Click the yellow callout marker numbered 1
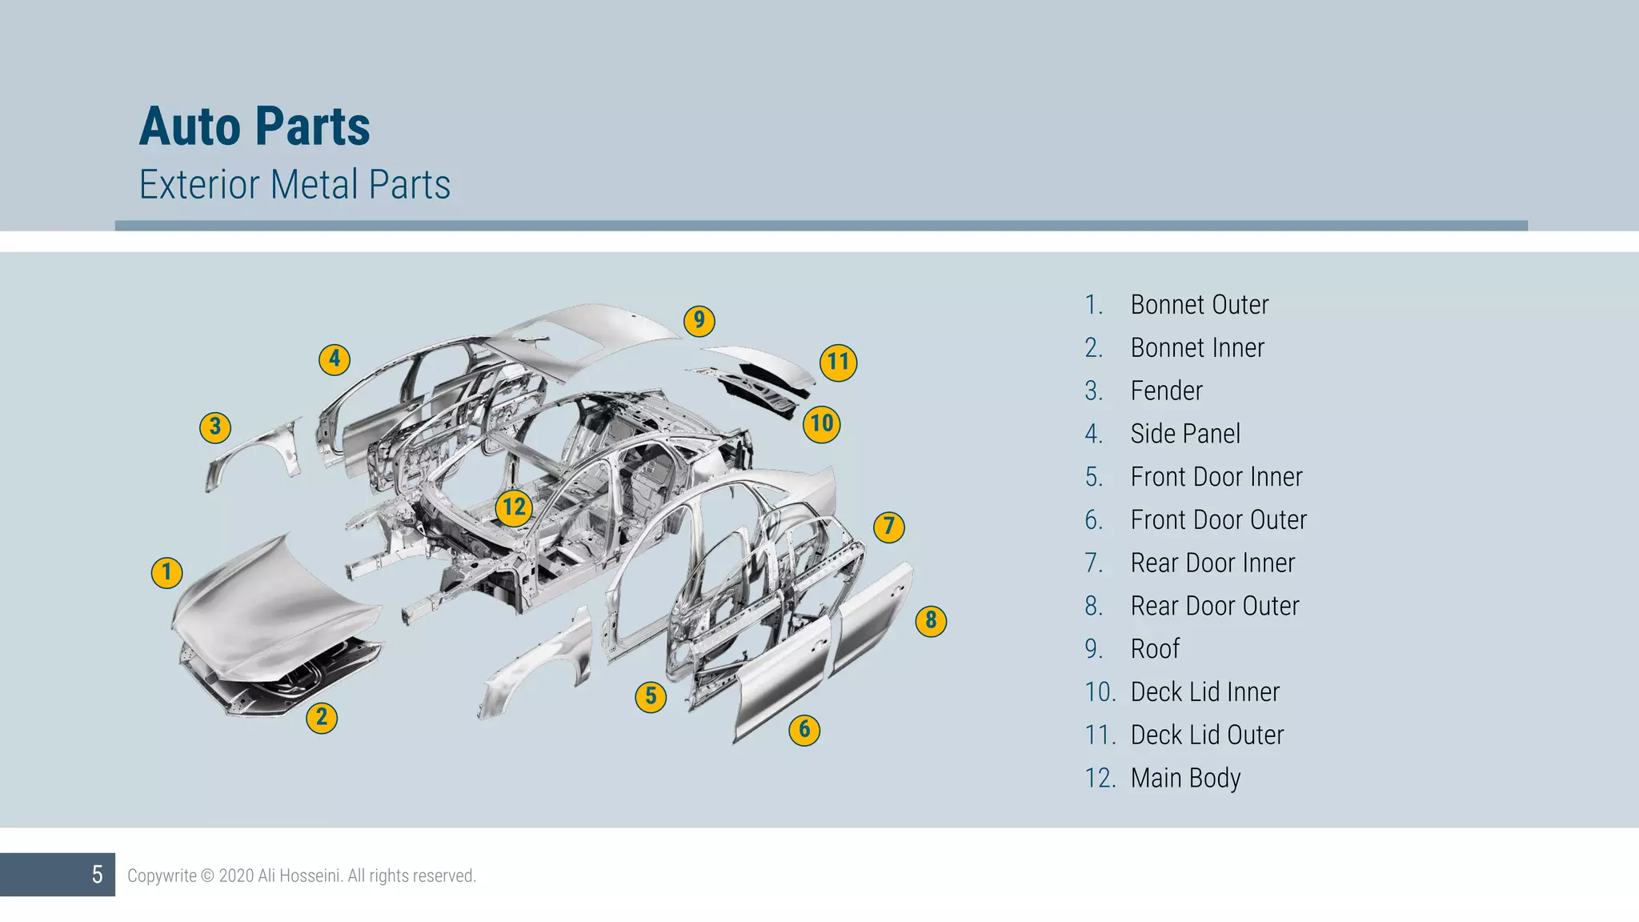(166, 572)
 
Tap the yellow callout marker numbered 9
(699, 321)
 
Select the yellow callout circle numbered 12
(514, 507)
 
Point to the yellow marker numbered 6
(804, 729)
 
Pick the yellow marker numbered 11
(838, 362)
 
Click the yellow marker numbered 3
(214, 427)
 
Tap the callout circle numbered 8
(930, 620)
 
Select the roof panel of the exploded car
(592, 336)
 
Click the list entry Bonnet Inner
(1196, 348)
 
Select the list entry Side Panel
(1184, 434)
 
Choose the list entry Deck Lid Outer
(1206, 735)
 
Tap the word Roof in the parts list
(1154, 649)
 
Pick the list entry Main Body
(1184, 778)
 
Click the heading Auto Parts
(254, 126)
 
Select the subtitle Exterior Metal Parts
(295, 185)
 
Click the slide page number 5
(97, 875)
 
